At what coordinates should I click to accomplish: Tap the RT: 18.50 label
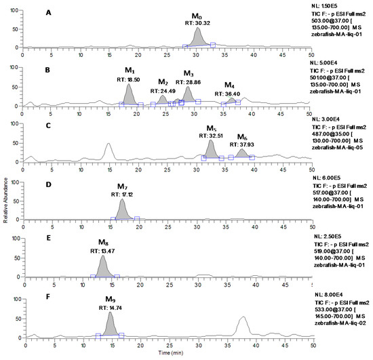pos(128,79)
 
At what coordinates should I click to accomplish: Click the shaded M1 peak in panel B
pos(128,96)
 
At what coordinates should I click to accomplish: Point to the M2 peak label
pos(163,82)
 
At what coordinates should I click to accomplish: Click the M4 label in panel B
pos(231,85)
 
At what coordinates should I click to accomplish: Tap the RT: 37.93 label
pos(241,144)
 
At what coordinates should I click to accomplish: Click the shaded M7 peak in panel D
pos(122,209)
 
